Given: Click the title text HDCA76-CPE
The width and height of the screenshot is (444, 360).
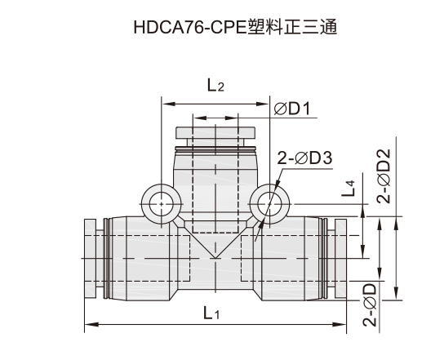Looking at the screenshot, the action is tap(190, 28).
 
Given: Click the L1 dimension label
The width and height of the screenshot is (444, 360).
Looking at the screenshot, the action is tap(211, 313).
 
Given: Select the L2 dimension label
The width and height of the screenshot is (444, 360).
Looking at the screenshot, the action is tap(215, 85).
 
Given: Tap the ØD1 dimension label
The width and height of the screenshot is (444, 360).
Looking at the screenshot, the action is tap(292, 109).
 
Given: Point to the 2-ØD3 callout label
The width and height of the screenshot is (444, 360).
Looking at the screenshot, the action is tap(304, 158).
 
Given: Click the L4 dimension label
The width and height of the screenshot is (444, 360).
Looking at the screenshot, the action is tap(349, 189).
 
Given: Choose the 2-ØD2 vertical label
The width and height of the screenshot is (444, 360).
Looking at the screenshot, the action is tap(384, 176).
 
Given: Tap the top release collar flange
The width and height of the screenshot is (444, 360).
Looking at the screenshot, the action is tap(215, 133).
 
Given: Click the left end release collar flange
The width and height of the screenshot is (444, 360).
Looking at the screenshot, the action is tap(91, 258).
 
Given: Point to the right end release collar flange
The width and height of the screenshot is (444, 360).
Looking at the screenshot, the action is tap(340, 258).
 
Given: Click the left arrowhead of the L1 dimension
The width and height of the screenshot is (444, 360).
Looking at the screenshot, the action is tap(91, 324).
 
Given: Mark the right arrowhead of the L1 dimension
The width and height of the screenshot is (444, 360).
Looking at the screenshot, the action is tap(340, 324).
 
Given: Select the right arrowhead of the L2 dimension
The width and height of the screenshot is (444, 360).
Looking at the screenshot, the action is tap(262, 104).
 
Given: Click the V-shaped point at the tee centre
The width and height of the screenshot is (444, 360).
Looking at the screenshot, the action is tap(215, 258).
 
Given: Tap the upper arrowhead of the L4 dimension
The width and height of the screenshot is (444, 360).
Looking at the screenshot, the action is tap(362, 211).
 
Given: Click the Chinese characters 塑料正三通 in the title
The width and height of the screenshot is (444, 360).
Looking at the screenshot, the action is tap(292, 27).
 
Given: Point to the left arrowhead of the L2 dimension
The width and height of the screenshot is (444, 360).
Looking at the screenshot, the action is tap(169, 104).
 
